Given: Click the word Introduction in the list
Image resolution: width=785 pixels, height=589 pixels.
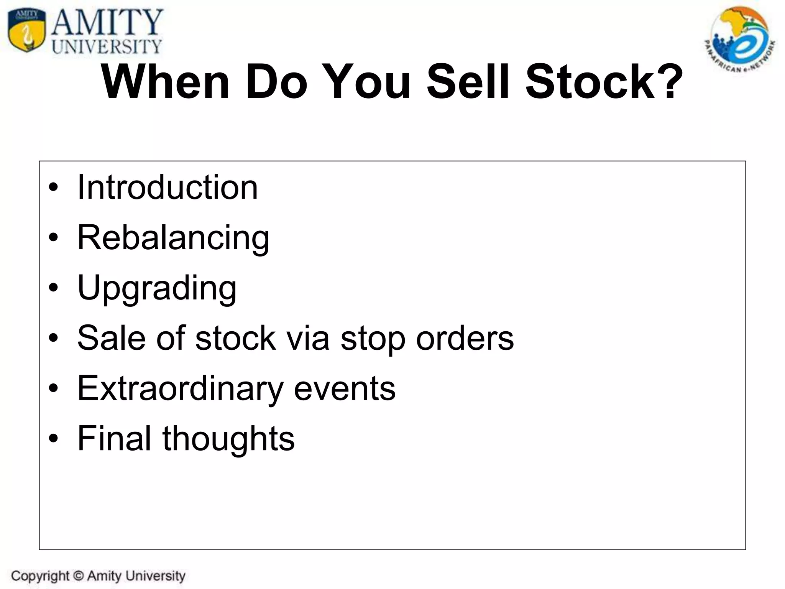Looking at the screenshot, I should point(168,188).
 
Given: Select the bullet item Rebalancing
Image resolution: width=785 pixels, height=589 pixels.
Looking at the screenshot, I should point(173,238).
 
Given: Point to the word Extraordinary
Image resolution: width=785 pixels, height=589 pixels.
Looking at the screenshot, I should point(180,388).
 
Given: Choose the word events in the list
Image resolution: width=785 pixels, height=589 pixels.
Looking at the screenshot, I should point(344,388).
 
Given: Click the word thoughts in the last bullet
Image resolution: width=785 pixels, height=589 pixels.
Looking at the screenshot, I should point(228,438).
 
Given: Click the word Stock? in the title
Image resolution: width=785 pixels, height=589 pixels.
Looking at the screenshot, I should point(604,82).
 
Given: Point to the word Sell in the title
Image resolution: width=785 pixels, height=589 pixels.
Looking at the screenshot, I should point(469,82).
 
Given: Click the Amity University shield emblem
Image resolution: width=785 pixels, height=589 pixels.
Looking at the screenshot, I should point(26,31).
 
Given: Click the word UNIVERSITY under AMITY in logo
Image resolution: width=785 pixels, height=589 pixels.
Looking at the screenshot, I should point(107,47).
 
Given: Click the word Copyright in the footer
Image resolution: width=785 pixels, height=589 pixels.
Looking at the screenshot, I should point(40,576).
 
